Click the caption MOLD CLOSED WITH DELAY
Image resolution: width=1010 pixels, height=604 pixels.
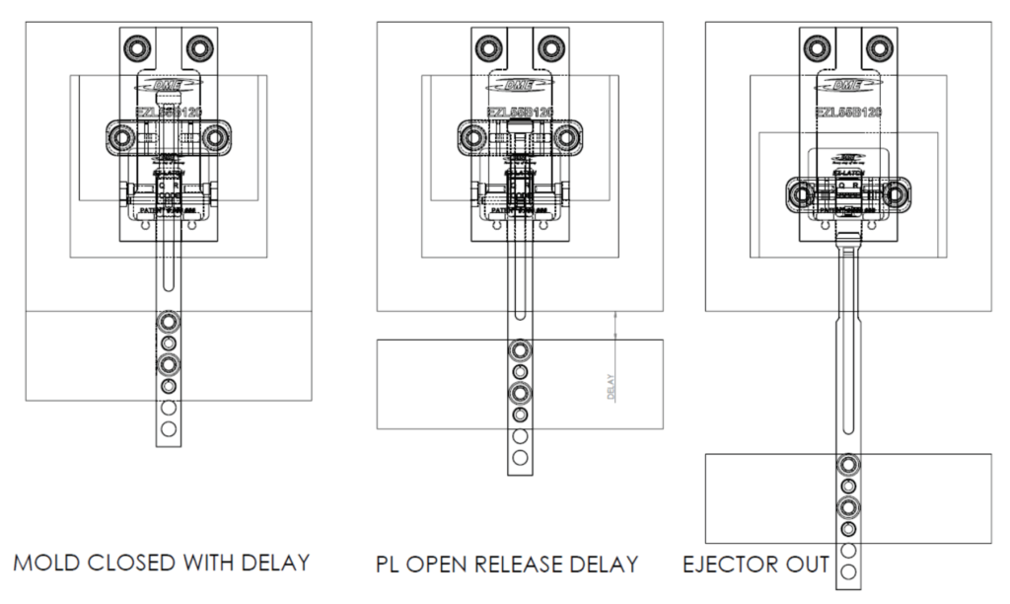point(162,565)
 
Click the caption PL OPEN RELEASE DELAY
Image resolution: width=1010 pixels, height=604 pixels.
point(507,565)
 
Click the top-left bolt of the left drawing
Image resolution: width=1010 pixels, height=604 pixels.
point(136,46)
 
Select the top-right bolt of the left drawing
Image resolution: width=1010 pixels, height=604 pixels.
point(200,46)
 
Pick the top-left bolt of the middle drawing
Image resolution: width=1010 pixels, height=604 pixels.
point(488,46)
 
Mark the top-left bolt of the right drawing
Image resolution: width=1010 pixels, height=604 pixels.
point(817,46)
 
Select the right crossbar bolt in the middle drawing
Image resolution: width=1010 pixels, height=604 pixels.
point(565,137)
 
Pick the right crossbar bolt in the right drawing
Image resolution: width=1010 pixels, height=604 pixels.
point(896,193)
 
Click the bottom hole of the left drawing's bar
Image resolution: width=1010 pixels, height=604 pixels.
point(169,428)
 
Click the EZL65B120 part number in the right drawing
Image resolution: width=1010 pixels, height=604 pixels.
point(848,113)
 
